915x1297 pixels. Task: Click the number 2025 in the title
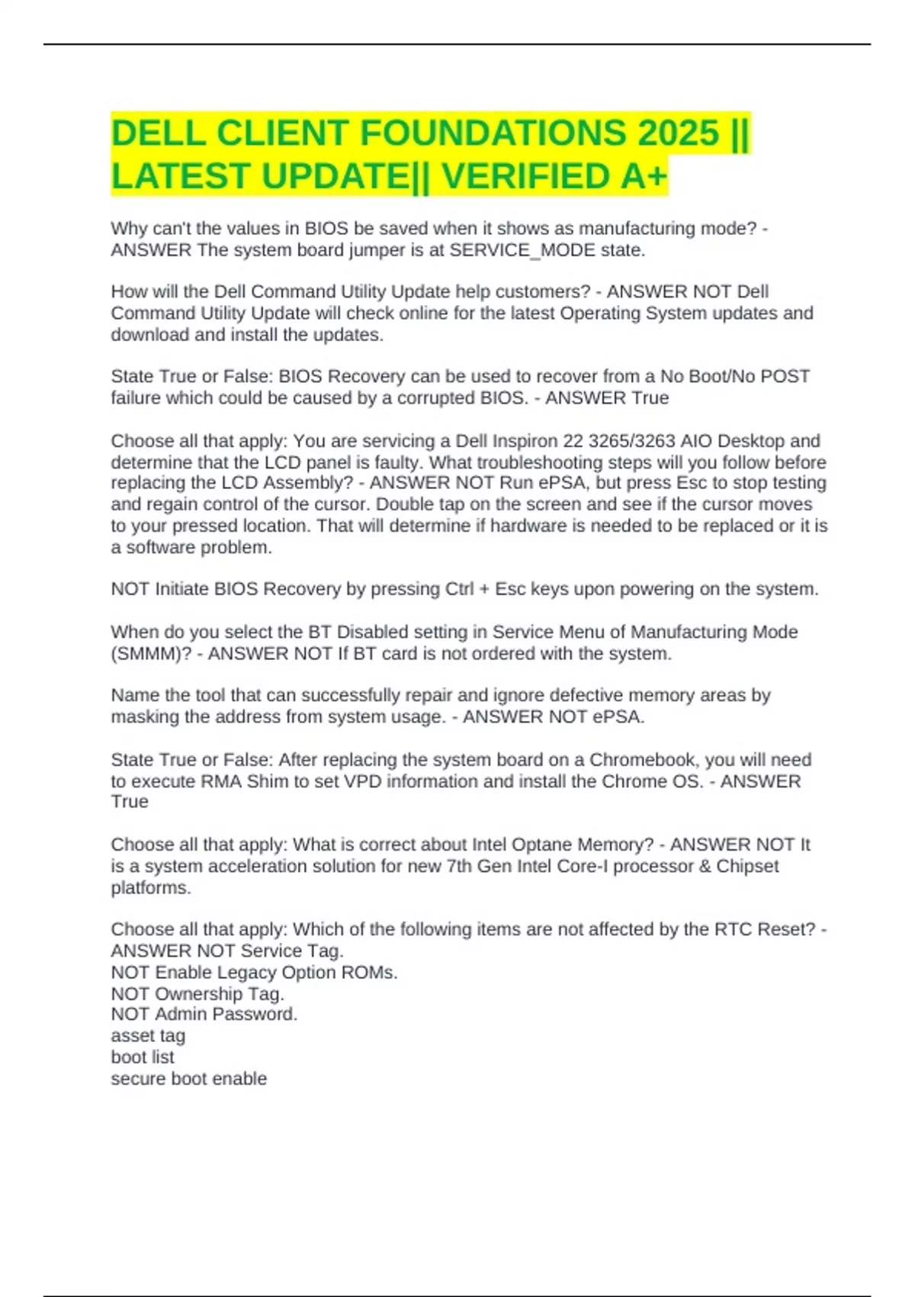[678, 134]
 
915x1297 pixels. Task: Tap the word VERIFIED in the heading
[527, 176]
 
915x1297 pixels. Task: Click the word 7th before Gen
[458, 866]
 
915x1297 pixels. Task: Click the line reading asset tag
[148, 1035]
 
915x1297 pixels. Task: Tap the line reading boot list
[143, 1057]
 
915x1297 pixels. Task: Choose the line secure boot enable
[188, 1078]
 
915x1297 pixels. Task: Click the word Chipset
[747, 866]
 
